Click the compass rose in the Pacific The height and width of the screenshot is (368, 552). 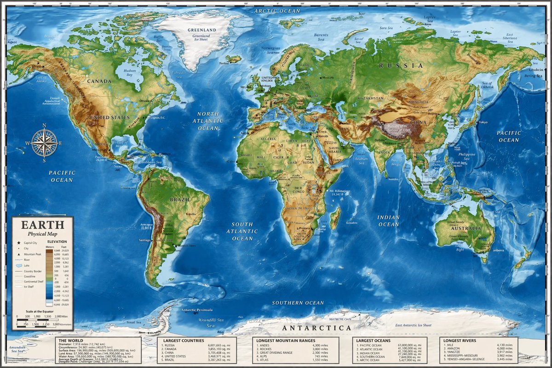[45, 143]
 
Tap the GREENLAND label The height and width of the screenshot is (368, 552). [198, 30]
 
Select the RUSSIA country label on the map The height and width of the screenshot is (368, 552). [401, 66]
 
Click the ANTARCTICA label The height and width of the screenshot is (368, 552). [316, 328]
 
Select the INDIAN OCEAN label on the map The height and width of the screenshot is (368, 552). [388, 221]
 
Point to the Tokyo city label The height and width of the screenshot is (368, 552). [483, 122]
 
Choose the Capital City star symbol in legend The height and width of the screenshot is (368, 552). [19, 242]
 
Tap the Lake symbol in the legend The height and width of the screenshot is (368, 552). [19, 265]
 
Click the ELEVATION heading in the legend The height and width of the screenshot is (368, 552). [57, 241]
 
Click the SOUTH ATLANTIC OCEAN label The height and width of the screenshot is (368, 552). [242, 232]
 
